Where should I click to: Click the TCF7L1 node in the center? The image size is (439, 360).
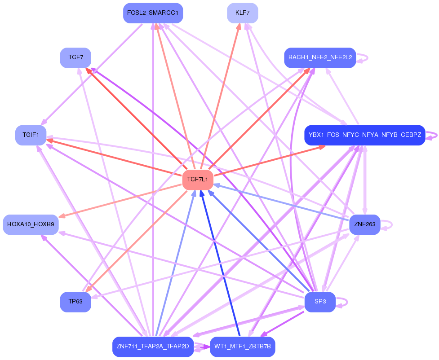pos(198,180)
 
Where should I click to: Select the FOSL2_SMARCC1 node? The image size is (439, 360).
pos(153,13)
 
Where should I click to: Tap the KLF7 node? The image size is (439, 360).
pos(242,13)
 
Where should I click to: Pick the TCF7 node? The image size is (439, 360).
pos(75,58)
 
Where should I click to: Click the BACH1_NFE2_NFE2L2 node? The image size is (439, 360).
pos(320,58)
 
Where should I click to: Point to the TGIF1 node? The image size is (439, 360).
pos(31,135)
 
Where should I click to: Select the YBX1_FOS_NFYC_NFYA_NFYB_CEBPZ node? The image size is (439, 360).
pos(364,135)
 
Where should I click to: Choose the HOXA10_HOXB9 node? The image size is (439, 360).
pos(31,224)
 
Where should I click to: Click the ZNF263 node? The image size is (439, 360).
pos(364,224)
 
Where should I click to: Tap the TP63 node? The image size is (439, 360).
pos(75,302)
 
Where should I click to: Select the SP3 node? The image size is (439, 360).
pos(320,302)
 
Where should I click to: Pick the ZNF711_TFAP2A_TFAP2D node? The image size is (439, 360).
pos(153,347)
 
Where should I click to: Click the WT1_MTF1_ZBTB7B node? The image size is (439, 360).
pos(242,347)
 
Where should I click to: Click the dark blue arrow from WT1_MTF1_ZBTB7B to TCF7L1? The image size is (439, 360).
pos(221,265)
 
